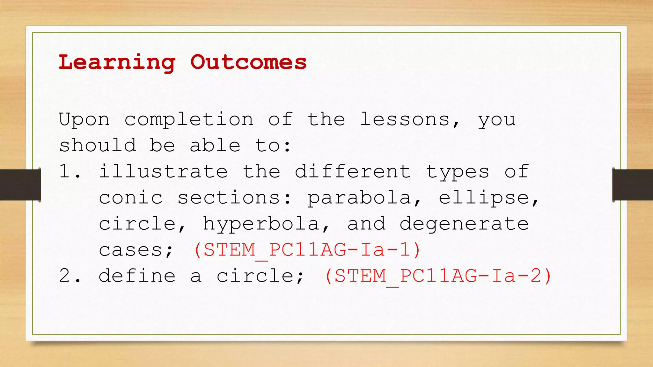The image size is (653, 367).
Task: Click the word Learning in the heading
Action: [x=117, y=62]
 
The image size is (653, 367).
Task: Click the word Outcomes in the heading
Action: [x=248, y=62]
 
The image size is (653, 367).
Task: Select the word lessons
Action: [x=405, y=120]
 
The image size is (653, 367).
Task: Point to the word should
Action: [x=98, y=146]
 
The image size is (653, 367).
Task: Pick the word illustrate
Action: [x=163, y=172]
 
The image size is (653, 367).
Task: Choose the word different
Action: [x=353, y=172]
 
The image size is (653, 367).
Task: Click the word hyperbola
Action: [x=261, y=224]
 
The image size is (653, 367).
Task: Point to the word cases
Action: [x=131, y=250]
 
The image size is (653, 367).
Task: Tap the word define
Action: [x=137, y=276]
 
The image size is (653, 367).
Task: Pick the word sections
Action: [x=229, y=198]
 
